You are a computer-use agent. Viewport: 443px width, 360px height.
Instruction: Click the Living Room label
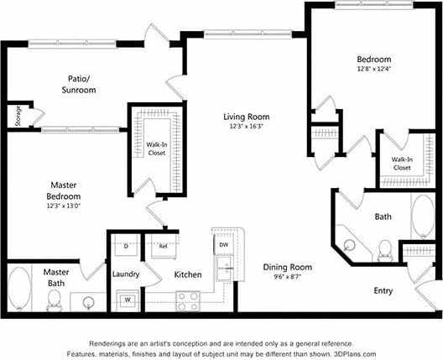click(x=246, y=116)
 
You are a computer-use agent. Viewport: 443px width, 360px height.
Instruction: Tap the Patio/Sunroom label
click(x=81, y=84)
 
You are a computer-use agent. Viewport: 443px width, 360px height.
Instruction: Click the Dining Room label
click(x=288, y=267)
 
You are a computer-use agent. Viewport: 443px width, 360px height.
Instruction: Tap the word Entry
click(x=383, y=290)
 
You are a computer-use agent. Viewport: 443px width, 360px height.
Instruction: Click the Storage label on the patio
click(x=18, y=115)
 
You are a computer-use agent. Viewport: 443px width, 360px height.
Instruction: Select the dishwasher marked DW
click(x=223, y=244)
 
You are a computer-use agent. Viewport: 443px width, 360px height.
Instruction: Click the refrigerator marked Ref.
click(x=164, y=247)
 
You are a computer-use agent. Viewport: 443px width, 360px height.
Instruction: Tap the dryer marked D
click(x=126, y=247)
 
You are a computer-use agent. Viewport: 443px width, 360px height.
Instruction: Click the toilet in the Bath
click(x=385, y=249)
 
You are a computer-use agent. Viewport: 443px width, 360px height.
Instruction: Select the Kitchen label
click(x=186, y=274)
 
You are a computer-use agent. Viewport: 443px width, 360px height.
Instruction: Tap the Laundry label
click(x=126, y=274)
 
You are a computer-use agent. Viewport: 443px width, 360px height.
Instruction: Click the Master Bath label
click(x=56, y=278)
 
